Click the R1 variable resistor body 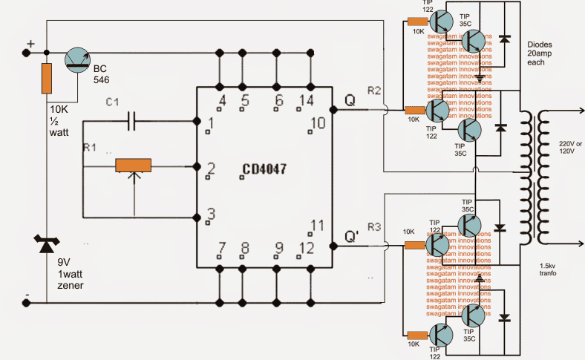click(x=134, y=166)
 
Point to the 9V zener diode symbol click(x=46, y=243)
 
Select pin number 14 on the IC click(x=305, y=101)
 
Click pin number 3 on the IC click(x=212, y=215)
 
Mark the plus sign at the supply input click(x=30, y=44)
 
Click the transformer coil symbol click(x=532, y=178)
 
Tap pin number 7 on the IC click(x=222, y=247)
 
